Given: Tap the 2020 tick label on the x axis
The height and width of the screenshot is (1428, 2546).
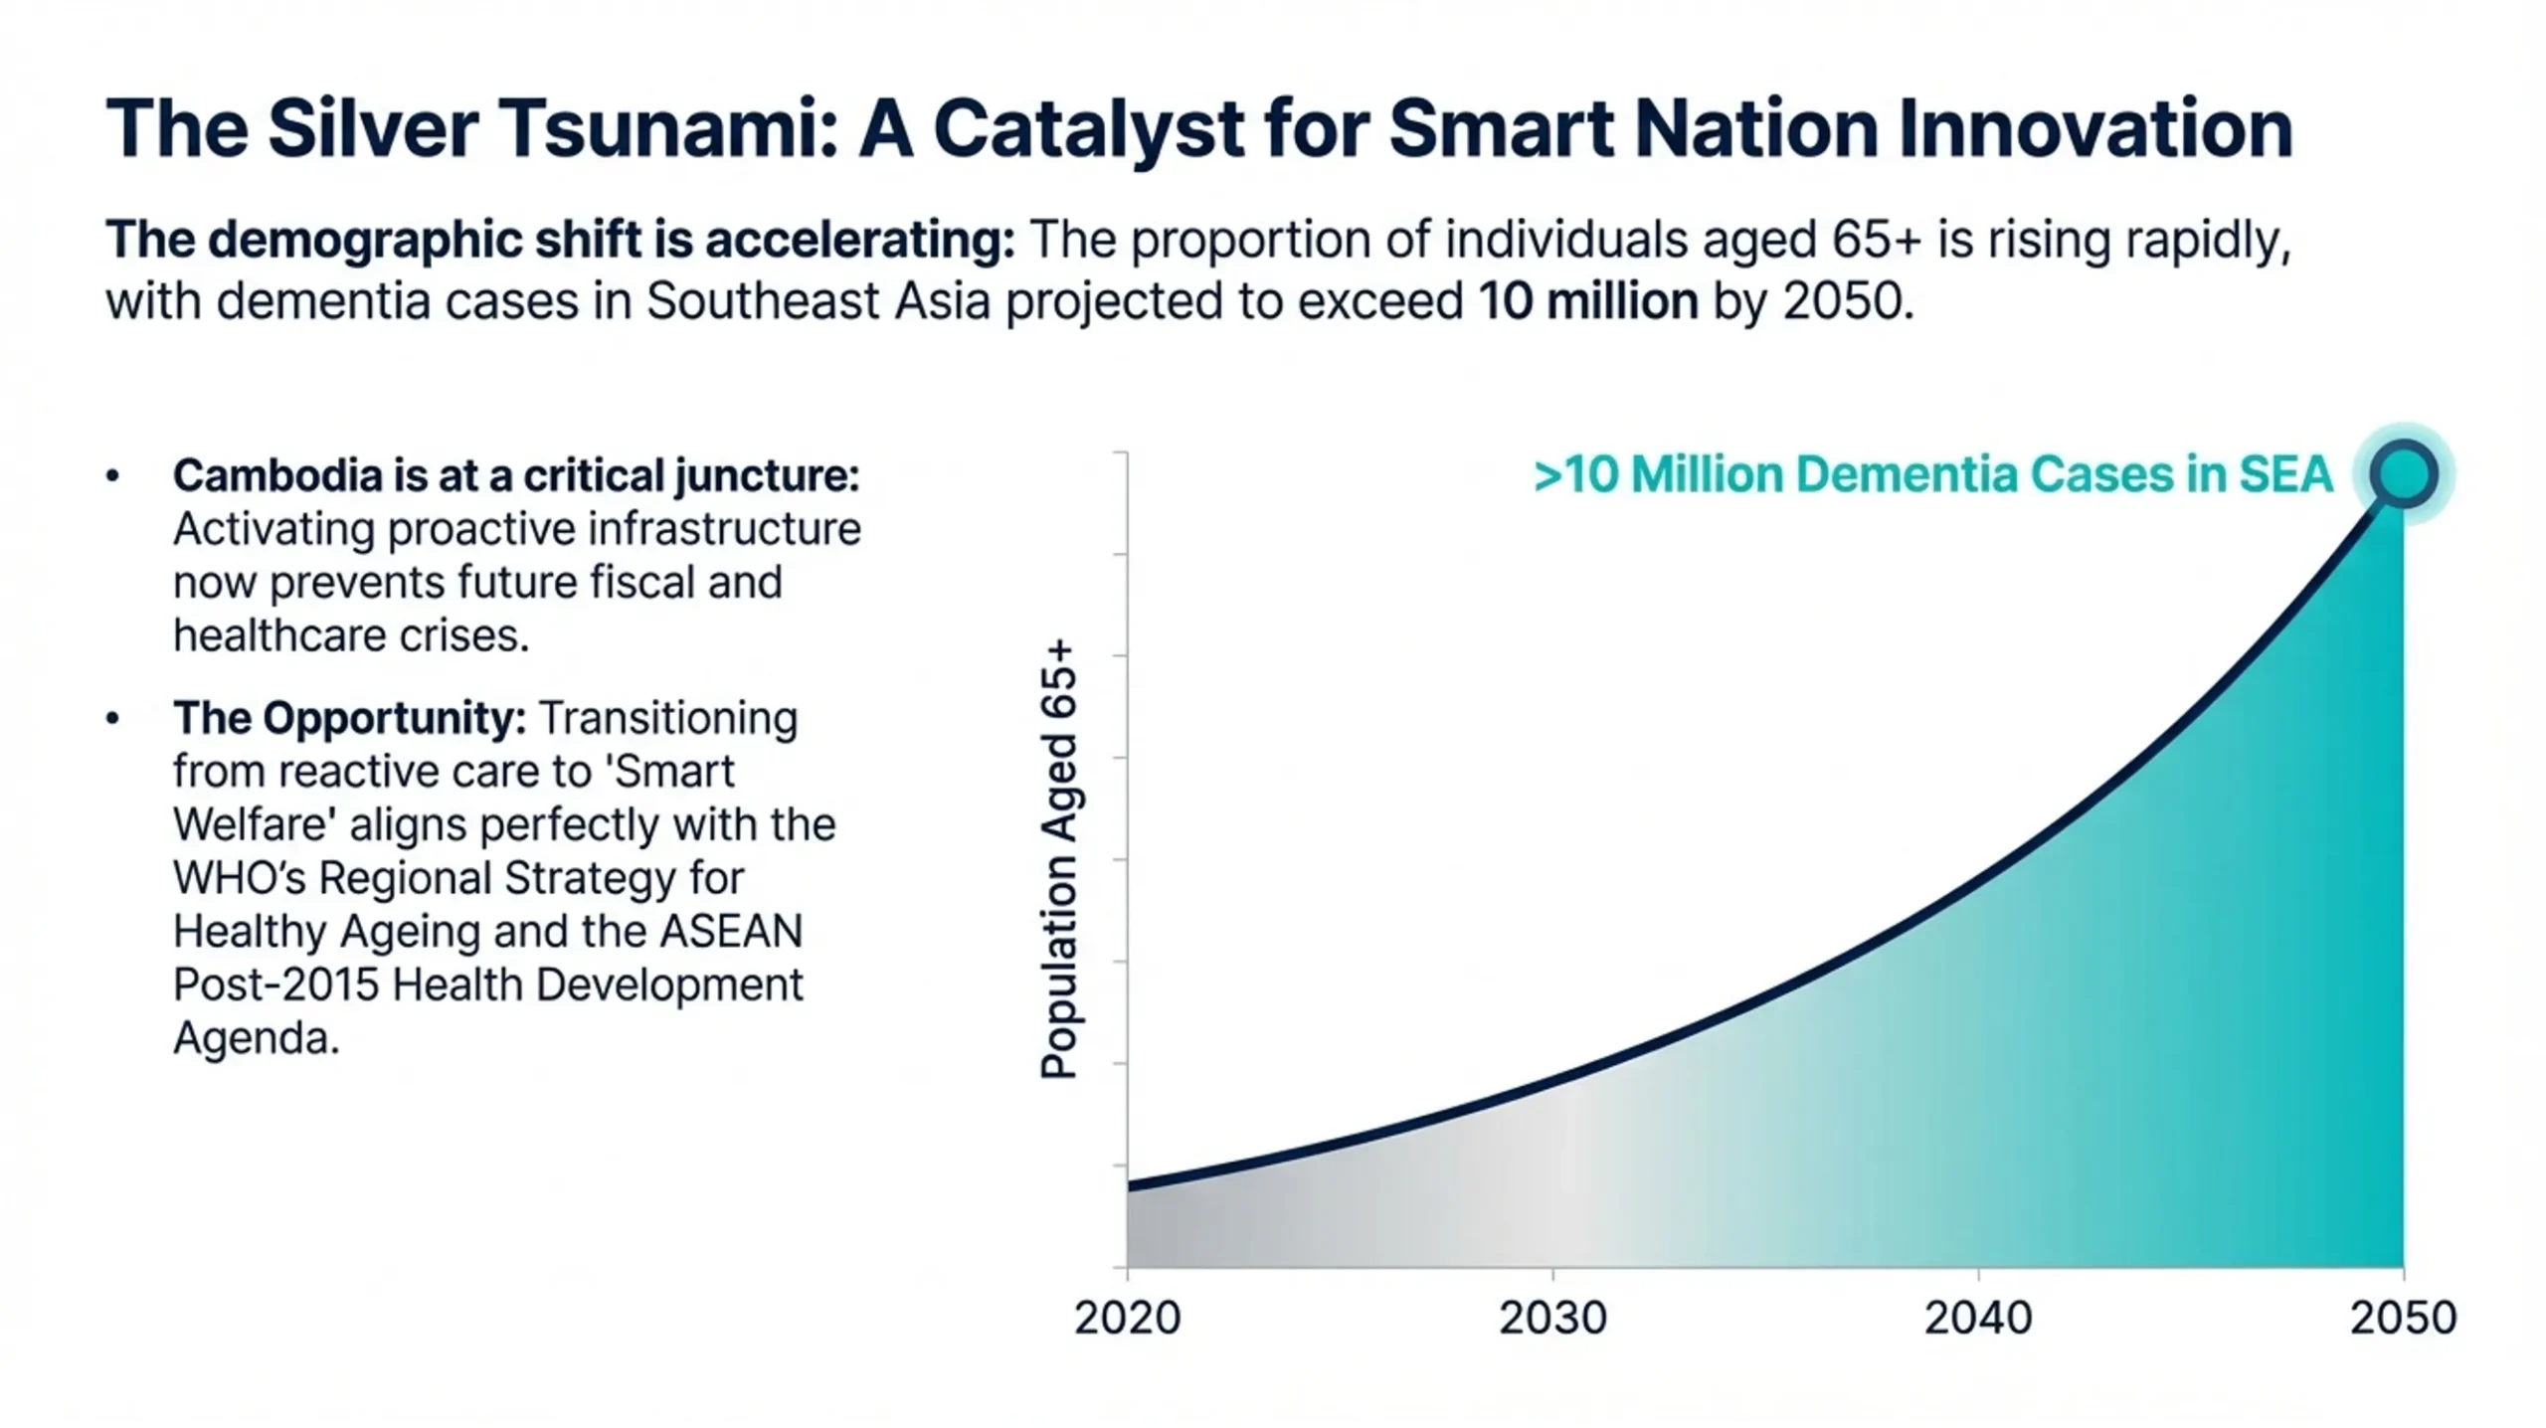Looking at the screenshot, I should coord(1127,1318).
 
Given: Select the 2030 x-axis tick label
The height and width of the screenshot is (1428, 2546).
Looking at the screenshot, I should coord(1552,1318).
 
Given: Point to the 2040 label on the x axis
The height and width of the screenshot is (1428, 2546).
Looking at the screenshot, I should coord(1978,1318).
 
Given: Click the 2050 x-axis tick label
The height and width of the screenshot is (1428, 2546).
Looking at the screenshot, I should coord(2403,1318).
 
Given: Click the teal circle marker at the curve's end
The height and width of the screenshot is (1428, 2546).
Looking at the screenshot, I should coord(2403,474).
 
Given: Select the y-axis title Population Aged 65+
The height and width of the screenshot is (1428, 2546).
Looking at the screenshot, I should coord(1058,859).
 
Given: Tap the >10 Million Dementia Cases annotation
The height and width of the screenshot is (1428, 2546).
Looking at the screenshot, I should coord(1932,474).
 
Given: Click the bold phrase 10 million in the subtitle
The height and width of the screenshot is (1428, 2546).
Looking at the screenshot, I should coord(1588,301).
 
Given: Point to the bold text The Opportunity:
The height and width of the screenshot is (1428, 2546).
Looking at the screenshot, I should coord(349,718).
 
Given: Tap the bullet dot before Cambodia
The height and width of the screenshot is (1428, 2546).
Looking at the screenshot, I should coord(112,475).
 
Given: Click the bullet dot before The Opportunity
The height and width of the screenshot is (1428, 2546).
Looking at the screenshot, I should coord(112,718).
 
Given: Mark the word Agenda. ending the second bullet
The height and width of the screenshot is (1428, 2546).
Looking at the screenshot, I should coord(257,1038).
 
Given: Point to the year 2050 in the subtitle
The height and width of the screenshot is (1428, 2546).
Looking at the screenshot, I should coord(1847,301).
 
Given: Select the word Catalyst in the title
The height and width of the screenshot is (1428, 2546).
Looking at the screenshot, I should coord(1088,129).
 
